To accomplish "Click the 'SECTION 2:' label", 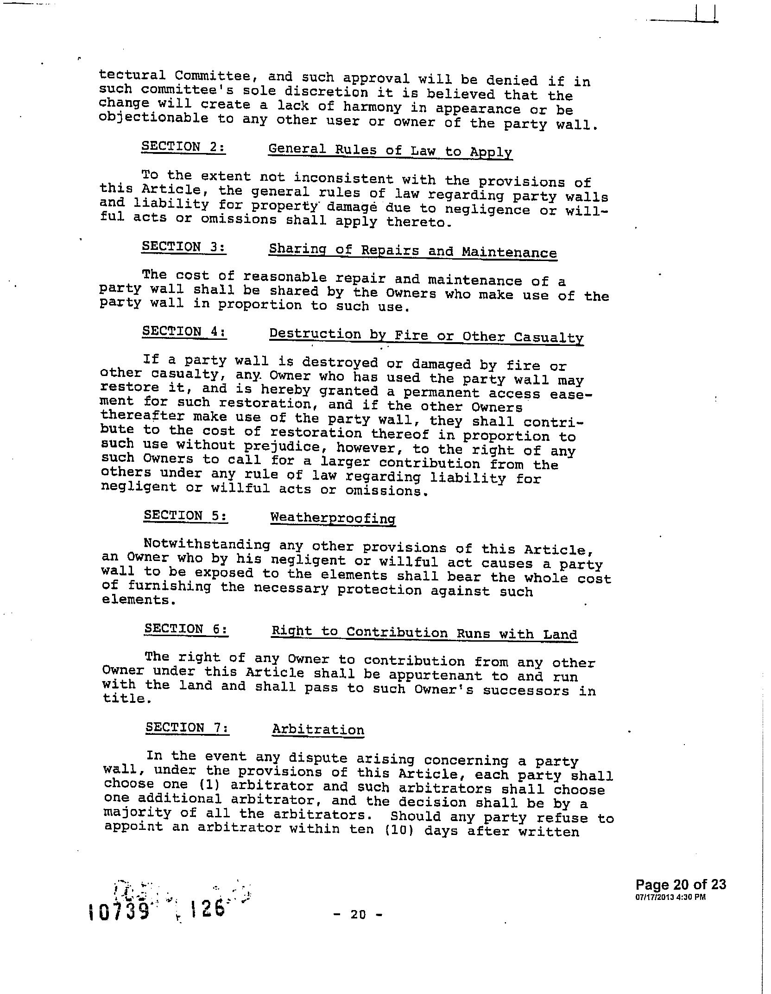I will (x=183, y=147).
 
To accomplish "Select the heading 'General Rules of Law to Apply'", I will (x=390, y=151).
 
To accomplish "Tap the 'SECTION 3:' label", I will (x=184, y=247).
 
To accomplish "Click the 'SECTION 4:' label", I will (x=184, y=331).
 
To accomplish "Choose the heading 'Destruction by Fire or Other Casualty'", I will (x=426, y=336).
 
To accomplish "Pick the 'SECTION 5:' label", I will (x=185, y=516).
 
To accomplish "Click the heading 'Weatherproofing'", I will (x=333, y=518).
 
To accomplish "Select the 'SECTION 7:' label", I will (x=187, y=727).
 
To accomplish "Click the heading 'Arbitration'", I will (x=318, y=729).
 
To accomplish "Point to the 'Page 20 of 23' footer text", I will (x=680, y=884).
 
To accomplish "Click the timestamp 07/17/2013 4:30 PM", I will (x=670, y=897).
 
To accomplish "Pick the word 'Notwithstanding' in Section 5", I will (x=207, y=544).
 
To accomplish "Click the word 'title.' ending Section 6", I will (x=127, y=699).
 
